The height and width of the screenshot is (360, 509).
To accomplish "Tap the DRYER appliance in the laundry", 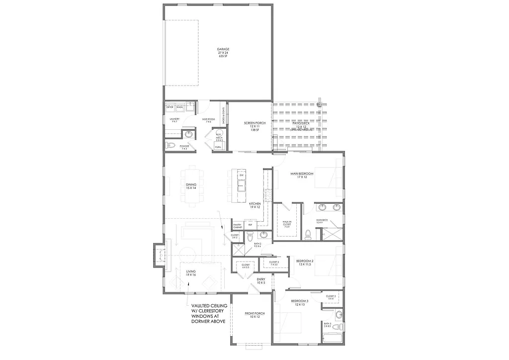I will pos(170,107).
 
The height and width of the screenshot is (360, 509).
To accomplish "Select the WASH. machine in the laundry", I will pos(179,107).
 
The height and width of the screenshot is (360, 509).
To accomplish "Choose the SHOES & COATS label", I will pos(224,116).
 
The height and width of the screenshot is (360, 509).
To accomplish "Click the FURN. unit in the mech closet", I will pos(218,147).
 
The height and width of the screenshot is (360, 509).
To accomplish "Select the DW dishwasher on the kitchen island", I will pos(241,176).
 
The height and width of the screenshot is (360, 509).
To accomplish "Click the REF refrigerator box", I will pos(250,225).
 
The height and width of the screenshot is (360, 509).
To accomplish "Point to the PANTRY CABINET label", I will pos(237,226).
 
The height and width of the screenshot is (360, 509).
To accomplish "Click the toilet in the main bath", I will pos(308,234).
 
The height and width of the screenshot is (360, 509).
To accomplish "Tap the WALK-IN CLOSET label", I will pos(287,224).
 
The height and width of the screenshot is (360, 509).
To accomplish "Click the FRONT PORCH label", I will pos(254,315).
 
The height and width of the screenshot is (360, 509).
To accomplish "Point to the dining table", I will pos(191,185).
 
